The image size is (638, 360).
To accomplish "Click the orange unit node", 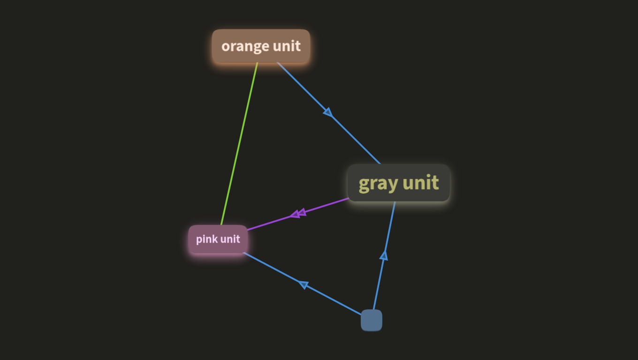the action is [x=261, y=46].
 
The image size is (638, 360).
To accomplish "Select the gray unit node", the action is [x=399, y=183].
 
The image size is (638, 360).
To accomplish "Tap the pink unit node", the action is [x=218, y=239].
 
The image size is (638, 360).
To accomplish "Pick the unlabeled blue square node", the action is [x=372, y=320].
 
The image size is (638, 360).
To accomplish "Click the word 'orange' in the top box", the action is [x=245, y=46].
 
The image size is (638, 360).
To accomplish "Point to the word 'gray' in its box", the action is [x=378, y=184].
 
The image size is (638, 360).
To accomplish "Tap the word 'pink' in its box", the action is [x=207, y=239].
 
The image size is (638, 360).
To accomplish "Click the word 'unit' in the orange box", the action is [x=287, y=45].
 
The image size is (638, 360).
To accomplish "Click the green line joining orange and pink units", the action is [x=239, y=144].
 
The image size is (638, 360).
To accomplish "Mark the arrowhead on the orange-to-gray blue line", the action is [x=328, y=112].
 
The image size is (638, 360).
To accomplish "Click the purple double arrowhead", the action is [x=298, y=213].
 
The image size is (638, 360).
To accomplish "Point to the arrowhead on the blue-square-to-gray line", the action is [x=384, y=255].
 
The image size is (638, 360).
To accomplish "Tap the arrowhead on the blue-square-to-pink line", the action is [x=304, y=285].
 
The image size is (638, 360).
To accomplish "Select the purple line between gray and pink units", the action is [x=298, y=214].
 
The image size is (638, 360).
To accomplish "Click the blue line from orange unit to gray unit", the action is [x=329, y=113].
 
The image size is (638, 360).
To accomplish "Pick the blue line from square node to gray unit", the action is [x=384, y=255].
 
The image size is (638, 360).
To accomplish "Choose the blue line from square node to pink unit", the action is [x=302, y=284].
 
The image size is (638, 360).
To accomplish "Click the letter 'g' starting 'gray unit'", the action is [x=365, y=185].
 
